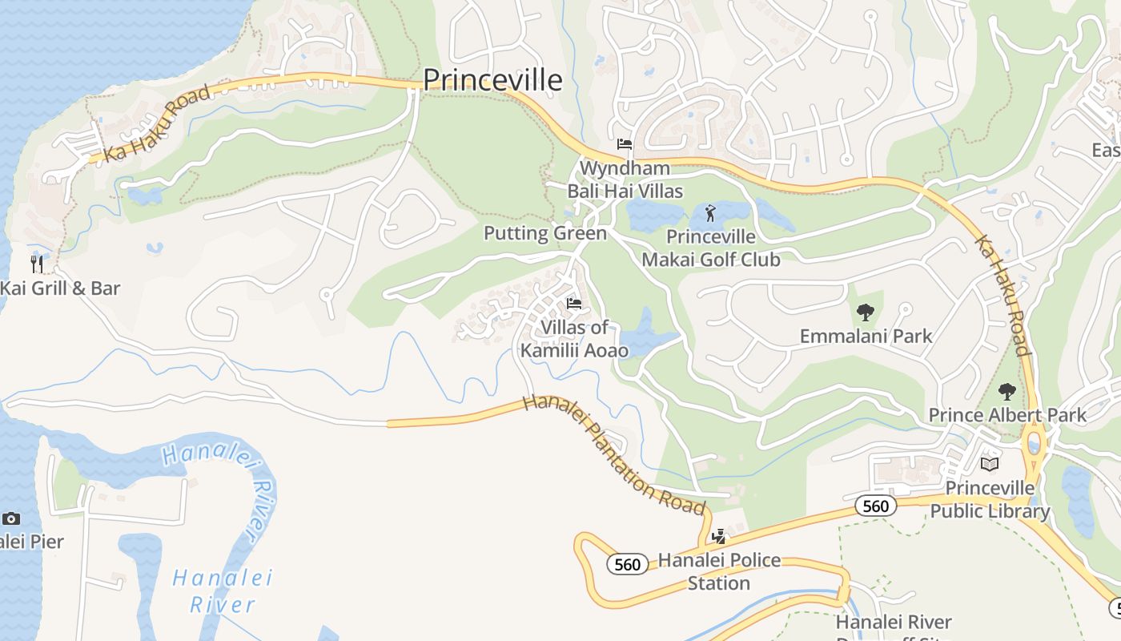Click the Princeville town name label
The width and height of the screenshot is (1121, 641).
tap(492, 80)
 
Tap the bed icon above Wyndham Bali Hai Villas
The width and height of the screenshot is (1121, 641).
tap(625, 145)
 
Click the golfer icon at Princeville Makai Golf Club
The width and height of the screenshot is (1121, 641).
tap(710, 213)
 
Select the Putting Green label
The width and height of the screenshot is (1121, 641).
tap(545, 233)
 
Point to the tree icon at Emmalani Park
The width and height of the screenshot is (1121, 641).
tap(865, 312)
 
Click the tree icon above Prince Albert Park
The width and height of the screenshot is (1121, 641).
tap(1007, 392)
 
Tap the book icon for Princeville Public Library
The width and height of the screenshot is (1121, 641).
tap(990, 465)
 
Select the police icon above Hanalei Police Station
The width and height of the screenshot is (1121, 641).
tap(719, 536)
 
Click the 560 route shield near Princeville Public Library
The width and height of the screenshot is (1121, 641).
tap(875, 506)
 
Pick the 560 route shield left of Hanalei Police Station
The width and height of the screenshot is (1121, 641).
tap(627, 564)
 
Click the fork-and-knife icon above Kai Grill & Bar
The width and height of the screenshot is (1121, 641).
tap(36, 264)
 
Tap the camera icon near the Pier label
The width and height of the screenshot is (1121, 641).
tap(11, 519)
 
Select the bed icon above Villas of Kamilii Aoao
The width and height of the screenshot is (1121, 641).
tap(574, 304)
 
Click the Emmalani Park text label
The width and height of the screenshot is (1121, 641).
tap(866, 336)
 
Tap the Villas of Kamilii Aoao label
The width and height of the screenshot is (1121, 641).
tap(574, 339)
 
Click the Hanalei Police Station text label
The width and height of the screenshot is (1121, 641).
tap(719, 571)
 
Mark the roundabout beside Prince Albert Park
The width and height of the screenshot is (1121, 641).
tap(1034, 441)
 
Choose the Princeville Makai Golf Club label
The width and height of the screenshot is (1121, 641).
tap(711, 248)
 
